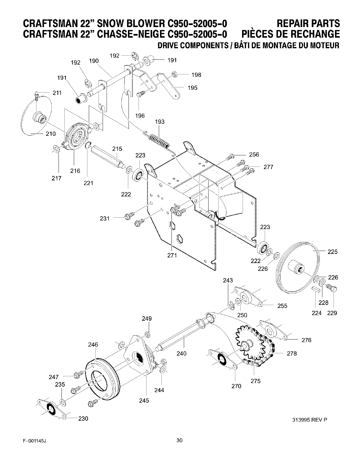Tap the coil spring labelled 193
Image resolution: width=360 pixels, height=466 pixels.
coord(159,141)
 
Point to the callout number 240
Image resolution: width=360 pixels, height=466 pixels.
coord(181,353)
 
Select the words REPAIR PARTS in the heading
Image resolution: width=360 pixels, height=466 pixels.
coord(308,23)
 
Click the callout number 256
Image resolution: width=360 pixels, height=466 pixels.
coord(254,154)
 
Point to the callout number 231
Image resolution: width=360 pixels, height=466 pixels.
coord(104,218)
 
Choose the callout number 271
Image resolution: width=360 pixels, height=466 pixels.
coord(172,255)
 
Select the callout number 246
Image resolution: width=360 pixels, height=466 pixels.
coord(93,344)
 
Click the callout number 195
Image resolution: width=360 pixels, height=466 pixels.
coord(192,88)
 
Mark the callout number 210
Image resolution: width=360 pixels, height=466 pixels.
coord(51,134)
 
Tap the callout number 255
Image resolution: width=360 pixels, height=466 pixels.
coord(282,306)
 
